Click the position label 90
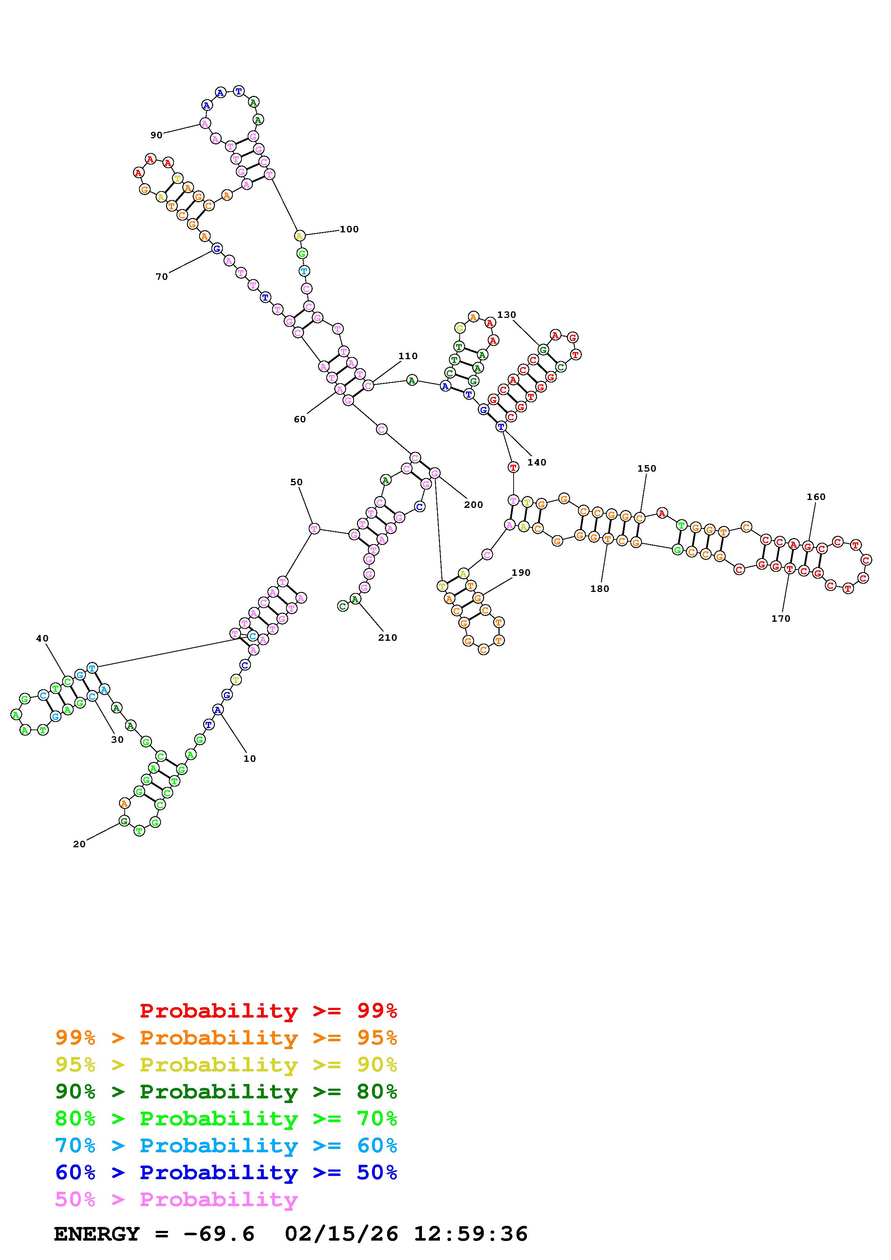pos(156,135)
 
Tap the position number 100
pos(349,230)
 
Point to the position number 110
pos(408,356)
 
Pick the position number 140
pos(537,463)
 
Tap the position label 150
pos(647,469)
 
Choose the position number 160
pos(816,497)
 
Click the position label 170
pos(781,619)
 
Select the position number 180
pos(600,589)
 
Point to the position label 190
pos(521,573)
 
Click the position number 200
pos(473,505)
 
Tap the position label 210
pos(387,638)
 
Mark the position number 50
pos(297,482)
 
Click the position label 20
pos(79,844)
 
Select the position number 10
pos(250,759)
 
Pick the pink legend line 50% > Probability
pos(176,1200)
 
